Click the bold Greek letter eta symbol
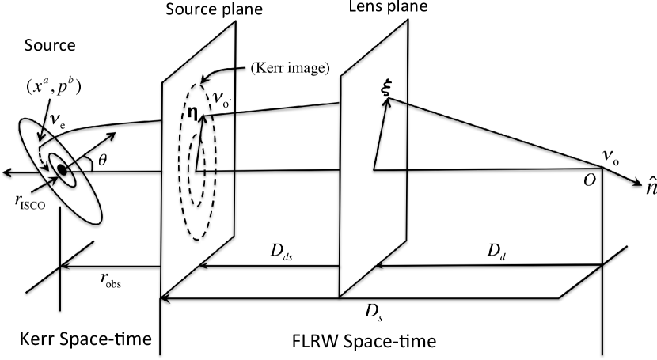point(191,113)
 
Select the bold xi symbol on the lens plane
point(386,91)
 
